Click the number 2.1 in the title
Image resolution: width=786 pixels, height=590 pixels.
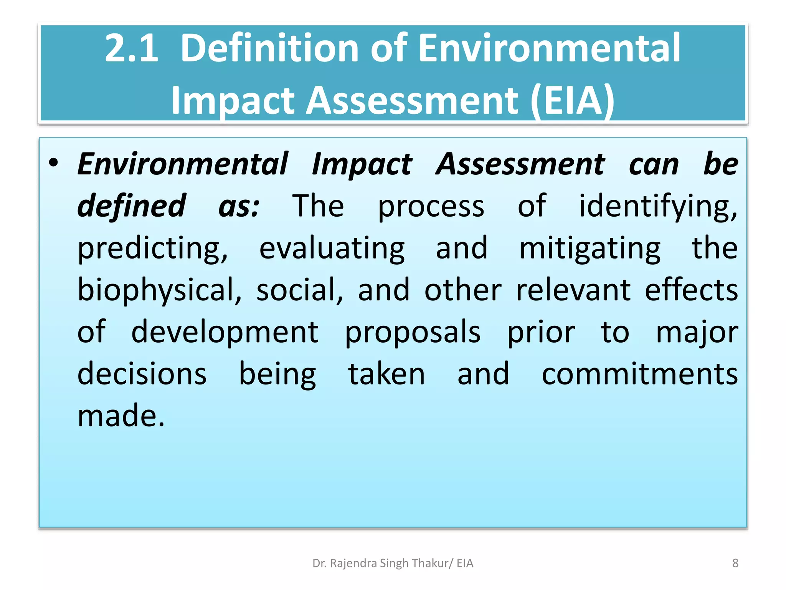(x=131, y=48)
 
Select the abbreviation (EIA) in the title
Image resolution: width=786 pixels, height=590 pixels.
(x=573, y=101)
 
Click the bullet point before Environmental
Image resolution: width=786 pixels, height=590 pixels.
(x=54, y=163)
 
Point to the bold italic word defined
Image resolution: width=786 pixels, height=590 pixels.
(x=132, y=206)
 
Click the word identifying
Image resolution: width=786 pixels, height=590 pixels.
(x=658, y=207)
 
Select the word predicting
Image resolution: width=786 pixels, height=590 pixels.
(x=153, y=249)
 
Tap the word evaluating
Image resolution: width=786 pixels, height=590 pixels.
(x=332, y=249)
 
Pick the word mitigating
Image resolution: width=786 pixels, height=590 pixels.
(x=590, y=249)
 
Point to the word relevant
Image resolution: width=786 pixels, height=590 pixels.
(x=573, y=290)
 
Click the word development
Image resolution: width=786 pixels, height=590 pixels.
(x=225, y=332)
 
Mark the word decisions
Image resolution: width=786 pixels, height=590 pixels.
(x=142, y=374)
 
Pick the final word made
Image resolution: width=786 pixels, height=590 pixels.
(x=121, y=416)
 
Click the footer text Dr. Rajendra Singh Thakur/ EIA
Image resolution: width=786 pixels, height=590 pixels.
(x=393, y=563)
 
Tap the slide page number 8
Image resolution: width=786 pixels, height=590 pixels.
(x=735, y=563)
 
